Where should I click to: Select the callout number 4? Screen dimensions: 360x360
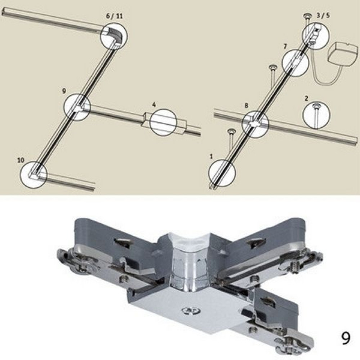[x=154, y=105]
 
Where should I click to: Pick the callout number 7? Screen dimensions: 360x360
[x=285, y=46]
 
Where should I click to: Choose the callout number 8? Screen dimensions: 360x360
[x=246, y=105]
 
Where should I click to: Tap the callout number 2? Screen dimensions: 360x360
[x=306, y=98]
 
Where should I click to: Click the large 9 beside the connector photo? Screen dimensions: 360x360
[x=345, y=338]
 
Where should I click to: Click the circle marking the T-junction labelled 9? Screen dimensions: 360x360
[x=77, y=106]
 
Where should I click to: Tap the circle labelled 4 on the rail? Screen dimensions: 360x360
[x=163, y=122]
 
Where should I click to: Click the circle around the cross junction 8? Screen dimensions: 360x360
[x=256, y=125]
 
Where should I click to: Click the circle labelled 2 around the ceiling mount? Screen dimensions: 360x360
[x=316, y=115]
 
